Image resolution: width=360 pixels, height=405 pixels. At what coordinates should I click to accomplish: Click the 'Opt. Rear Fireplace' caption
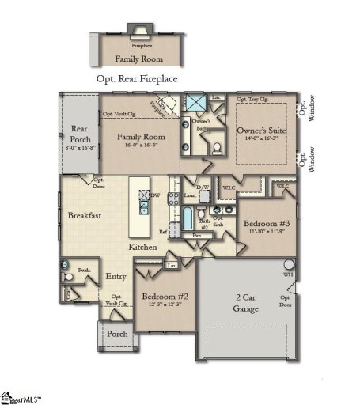point(136,79)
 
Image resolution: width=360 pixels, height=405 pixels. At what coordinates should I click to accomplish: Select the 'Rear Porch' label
point(79,134)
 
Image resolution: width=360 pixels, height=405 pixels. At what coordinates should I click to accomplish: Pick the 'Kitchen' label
point(143,248)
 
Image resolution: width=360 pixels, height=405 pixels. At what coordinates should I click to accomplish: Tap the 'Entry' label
point(116,277)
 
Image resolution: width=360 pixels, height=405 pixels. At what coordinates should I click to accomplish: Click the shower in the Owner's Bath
point(195,102)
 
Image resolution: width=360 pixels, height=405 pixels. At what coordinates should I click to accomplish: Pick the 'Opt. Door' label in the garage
point(285,301)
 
